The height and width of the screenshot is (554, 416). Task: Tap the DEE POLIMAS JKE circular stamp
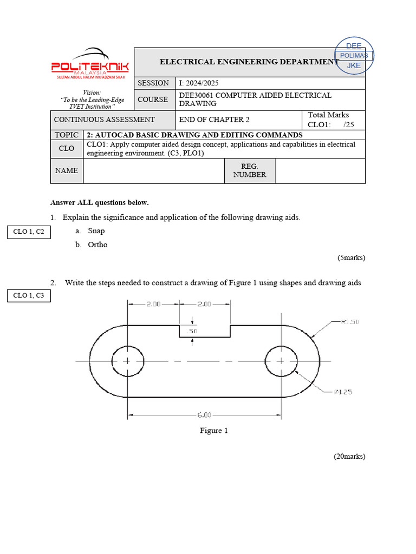(354, 56)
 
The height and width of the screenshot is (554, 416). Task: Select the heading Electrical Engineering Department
(249, 62)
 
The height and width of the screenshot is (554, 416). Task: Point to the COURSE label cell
(153, 100)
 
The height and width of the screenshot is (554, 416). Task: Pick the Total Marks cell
(333, 120)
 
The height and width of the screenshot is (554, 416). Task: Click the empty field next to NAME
(154, 170)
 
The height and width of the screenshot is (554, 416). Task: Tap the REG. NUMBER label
(250, 170)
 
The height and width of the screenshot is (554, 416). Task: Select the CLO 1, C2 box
(29, 233)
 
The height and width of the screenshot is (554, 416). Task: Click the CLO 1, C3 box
(29, 295)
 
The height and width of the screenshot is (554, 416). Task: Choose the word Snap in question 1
(96, 231)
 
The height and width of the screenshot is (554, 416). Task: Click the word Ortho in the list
(97, 245)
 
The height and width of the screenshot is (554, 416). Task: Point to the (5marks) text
(351, 258)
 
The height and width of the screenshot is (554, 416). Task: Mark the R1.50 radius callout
(349, 321)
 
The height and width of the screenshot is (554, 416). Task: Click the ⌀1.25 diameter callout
(342, 392)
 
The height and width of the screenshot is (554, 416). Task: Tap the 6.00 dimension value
(204, 415)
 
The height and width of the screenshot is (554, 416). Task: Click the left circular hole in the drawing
(127, 361)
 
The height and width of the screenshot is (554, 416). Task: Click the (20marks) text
(349, 457)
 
